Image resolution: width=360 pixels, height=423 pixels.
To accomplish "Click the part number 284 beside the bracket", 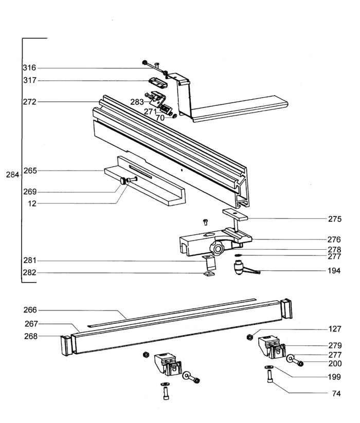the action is click(x=13, y=175).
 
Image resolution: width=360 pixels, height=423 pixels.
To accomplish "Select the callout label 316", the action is click(x=29, y=68).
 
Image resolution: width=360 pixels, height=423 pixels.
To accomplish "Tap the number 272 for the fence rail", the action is click(x=29, y=102).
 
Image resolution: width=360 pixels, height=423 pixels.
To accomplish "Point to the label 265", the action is click(x=30, y=171).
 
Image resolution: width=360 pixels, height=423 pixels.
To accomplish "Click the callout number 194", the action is click(x=334, y=270).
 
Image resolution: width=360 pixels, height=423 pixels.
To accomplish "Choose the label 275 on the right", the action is click(x=335, y=219).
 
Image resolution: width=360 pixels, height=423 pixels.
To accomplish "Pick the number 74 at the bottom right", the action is click(x=336, y=394).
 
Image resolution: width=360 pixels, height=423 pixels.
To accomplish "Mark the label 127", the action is click(x=335, y=329).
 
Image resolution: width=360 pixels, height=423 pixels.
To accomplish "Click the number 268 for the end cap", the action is click(x=31, y=336).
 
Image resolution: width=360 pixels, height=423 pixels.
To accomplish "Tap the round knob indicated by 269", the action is click(x=123, y=181).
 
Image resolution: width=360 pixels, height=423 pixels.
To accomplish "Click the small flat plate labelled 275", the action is click(x=235, y=214).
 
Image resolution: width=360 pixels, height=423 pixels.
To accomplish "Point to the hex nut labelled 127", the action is click(x=250, y=337).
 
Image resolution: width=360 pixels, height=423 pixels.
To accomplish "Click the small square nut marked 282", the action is click(x=209, y=274).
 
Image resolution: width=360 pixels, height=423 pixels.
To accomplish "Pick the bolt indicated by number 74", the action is click(x=270, y=376).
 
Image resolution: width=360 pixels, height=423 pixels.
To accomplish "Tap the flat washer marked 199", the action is click(x=269, y=367).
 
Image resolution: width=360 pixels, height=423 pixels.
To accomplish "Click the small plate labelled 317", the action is click(x=158, y=83).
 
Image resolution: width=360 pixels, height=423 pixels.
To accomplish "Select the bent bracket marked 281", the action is click(x=209, y=263).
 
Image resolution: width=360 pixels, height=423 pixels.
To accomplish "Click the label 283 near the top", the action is click(x=137, y=102).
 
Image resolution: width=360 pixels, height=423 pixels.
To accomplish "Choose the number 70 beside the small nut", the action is click(x=160, y=118).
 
